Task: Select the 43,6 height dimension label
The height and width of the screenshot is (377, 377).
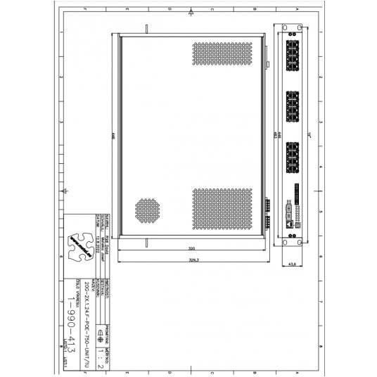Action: point(294,264)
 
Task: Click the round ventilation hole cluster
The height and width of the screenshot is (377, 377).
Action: point(147,207)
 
